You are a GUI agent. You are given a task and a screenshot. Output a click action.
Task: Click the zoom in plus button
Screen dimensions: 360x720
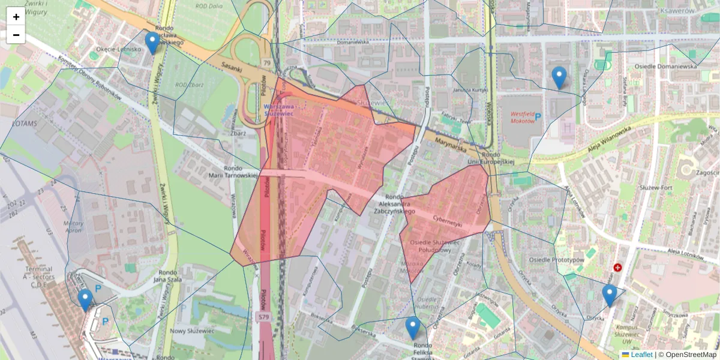[16, 17]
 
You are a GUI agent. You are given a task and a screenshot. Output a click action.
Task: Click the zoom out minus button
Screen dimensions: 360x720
[16, 35]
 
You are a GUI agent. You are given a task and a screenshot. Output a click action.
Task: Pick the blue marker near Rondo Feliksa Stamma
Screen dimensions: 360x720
[412, 328]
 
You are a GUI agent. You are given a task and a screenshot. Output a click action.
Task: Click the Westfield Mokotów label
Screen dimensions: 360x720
[522, 117]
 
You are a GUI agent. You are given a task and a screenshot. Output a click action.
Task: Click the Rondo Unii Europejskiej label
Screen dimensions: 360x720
[491, 157]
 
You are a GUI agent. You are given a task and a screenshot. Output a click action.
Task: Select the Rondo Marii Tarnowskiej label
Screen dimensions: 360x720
[240, 172]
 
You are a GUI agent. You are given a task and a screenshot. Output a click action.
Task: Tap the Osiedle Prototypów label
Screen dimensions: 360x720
[556, 260]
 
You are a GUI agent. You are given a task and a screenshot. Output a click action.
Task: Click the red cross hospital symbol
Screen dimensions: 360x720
[617, 268]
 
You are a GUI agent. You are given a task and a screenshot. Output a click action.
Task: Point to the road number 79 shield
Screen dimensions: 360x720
[266, 62]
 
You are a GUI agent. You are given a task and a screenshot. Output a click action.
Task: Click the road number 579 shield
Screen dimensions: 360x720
[263, 316]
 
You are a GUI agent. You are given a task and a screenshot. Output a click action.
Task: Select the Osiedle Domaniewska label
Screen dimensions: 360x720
[661, 67]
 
